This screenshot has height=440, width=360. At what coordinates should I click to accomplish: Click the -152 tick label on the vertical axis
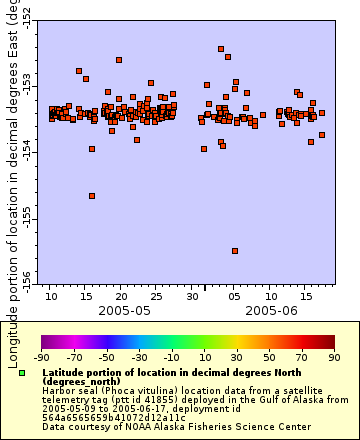(x=25, y=14)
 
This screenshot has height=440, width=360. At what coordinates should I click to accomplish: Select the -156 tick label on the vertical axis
(x=25, y=274)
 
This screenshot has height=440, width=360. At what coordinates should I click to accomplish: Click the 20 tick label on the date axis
(x=121, y=297)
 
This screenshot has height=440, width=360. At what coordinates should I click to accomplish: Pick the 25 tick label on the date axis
(x=156, y=297)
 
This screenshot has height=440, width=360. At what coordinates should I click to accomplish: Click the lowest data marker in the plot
(x=235, y=251)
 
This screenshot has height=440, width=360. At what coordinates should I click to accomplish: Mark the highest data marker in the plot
(x=221, y=48)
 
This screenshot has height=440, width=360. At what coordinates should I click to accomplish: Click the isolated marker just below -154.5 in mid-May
(x=92, y=196)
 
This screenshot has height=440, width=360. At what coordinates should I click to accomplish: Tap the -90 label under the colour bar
(x=41, y=356)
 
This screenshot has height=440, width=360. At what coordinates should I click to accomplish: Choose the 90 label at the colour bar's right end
(x=333, y=356)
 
